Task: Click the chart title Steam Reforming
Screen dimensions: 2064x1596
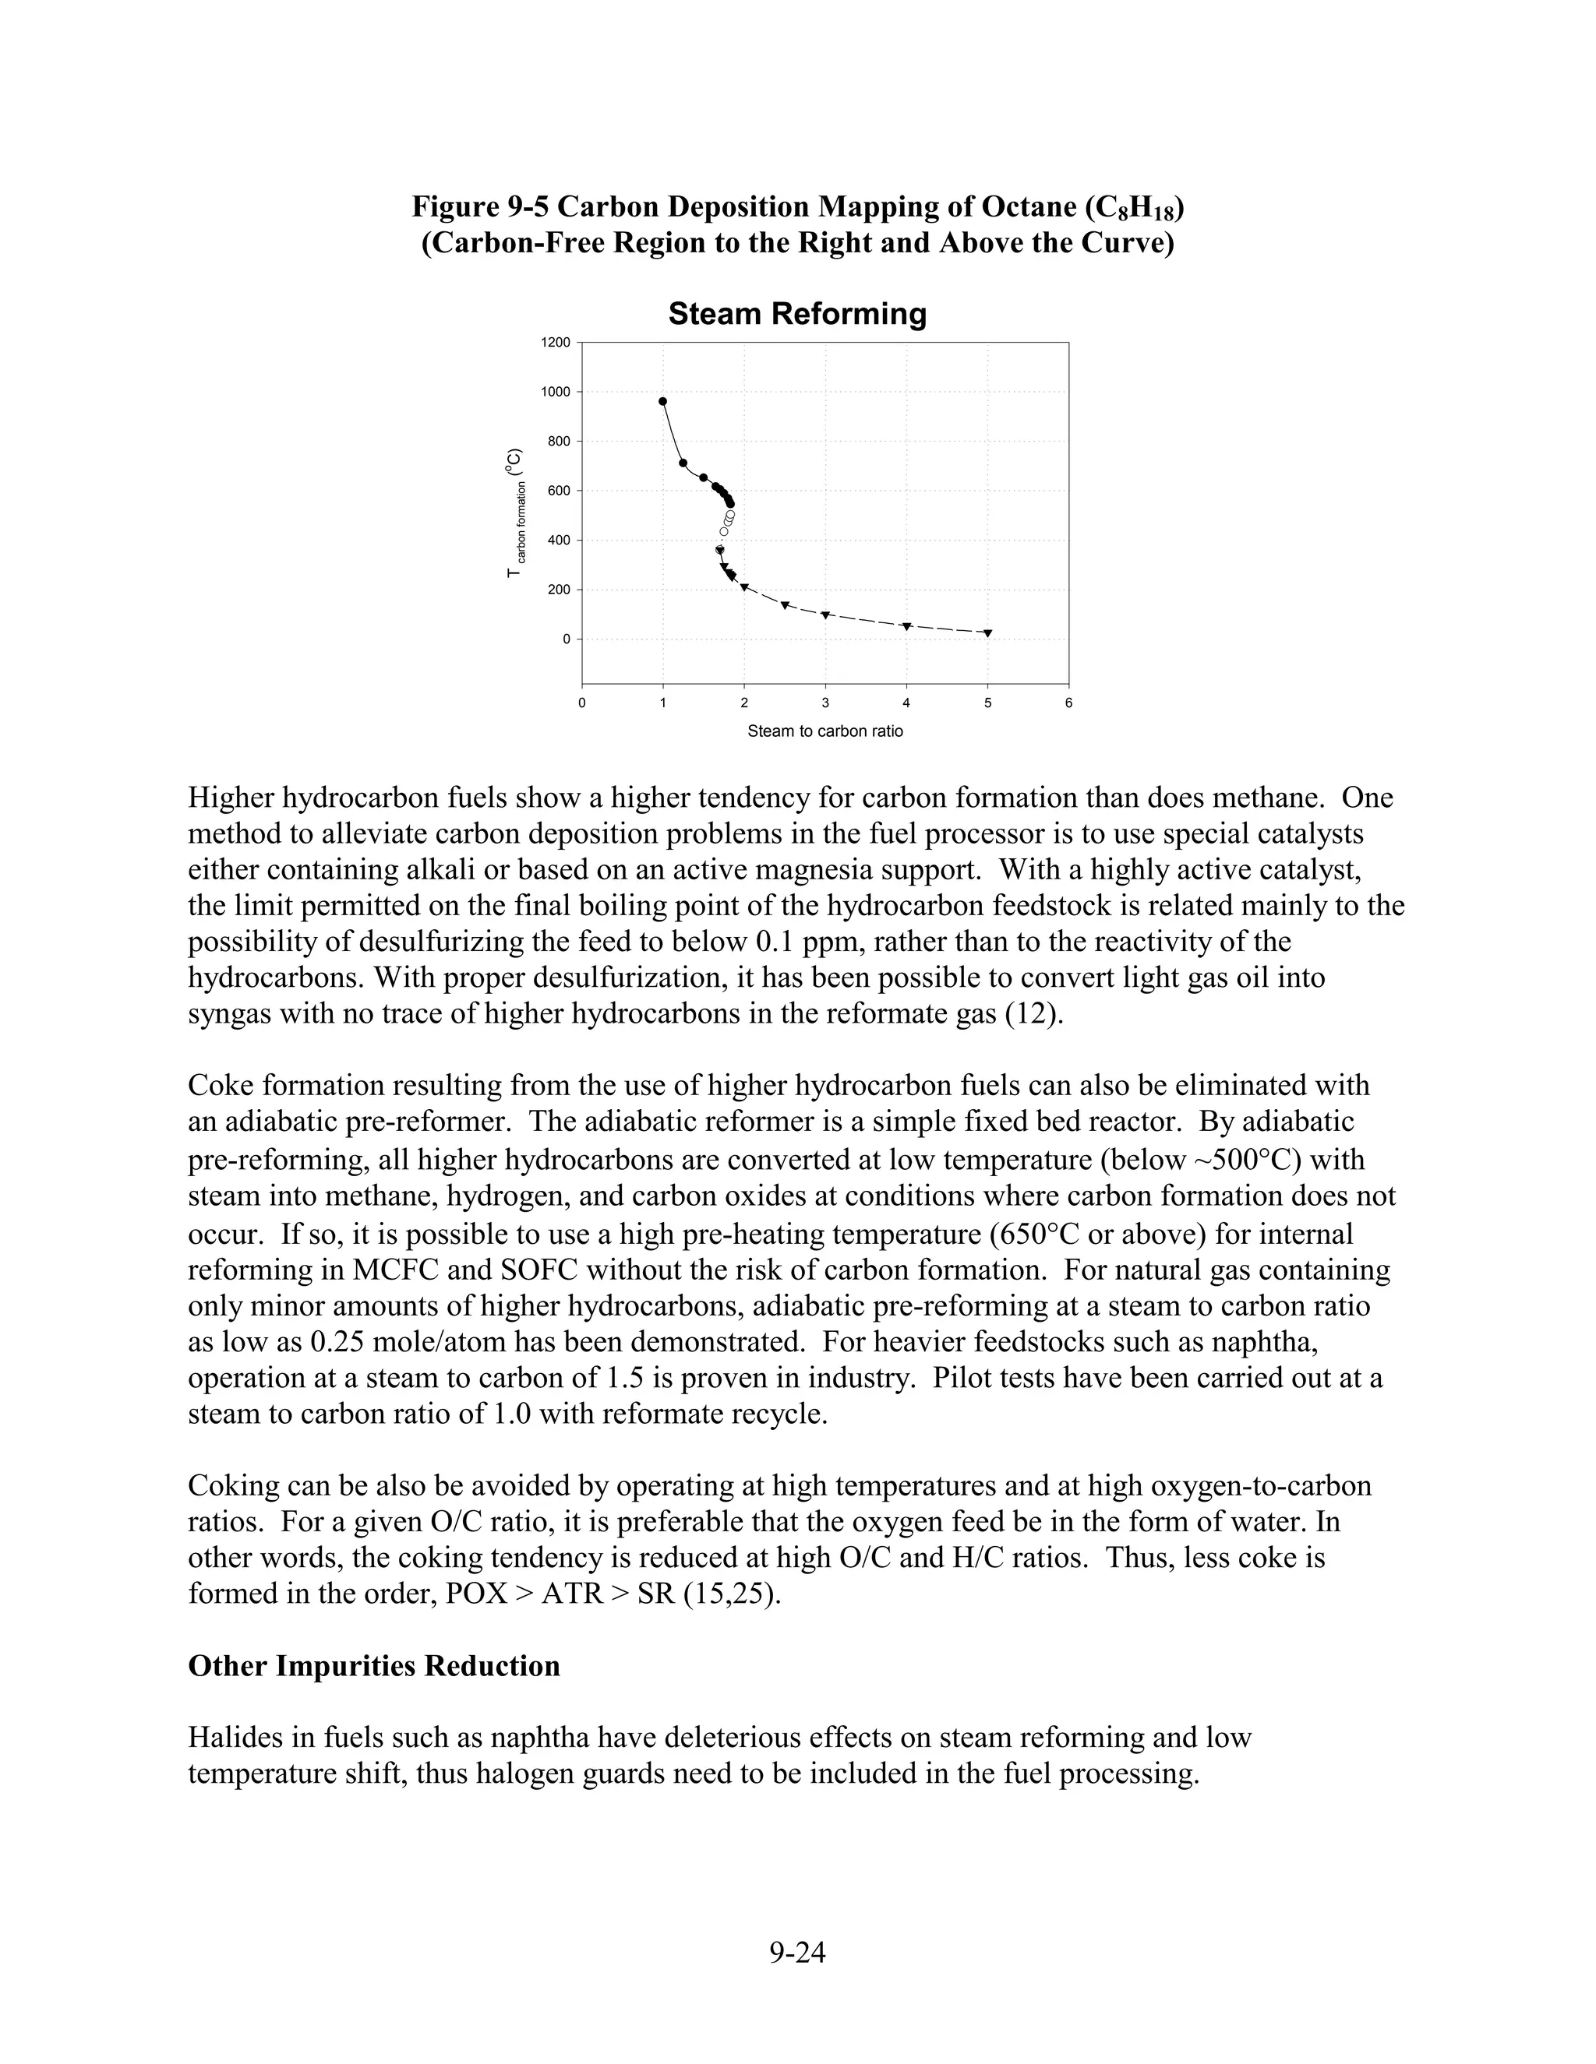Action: tap(797, 314)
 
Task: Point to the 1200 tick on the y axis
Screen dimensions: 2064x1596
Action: tap(556, 342)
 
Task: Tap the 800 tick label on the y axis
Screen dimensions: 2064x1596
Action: tap(559, 442)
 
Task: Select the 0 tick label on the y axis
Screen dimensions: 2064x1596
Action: tap(567, 639)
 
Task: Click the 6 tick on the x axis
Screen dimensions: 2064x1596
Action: tap(1068, 703)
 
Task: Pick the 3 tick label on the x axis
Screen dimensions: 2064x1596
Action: tap(824, 703)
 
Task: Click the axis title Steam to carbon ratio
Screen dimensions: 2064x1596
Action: tap(824, 731)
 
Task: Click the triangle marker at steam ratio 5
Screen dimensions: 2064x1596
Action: tap(988, 633)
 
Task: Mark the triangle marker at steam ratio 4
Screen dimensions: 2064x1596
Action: tap(907, 626)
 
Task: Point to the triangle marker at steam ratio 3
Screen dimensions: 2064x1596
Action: tap(825, 615)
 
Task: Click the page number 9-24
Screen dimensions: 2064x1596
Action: tap(797, 1952)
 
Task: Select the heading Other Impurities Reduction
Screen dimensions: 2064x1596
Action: tap(373, 1665)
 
